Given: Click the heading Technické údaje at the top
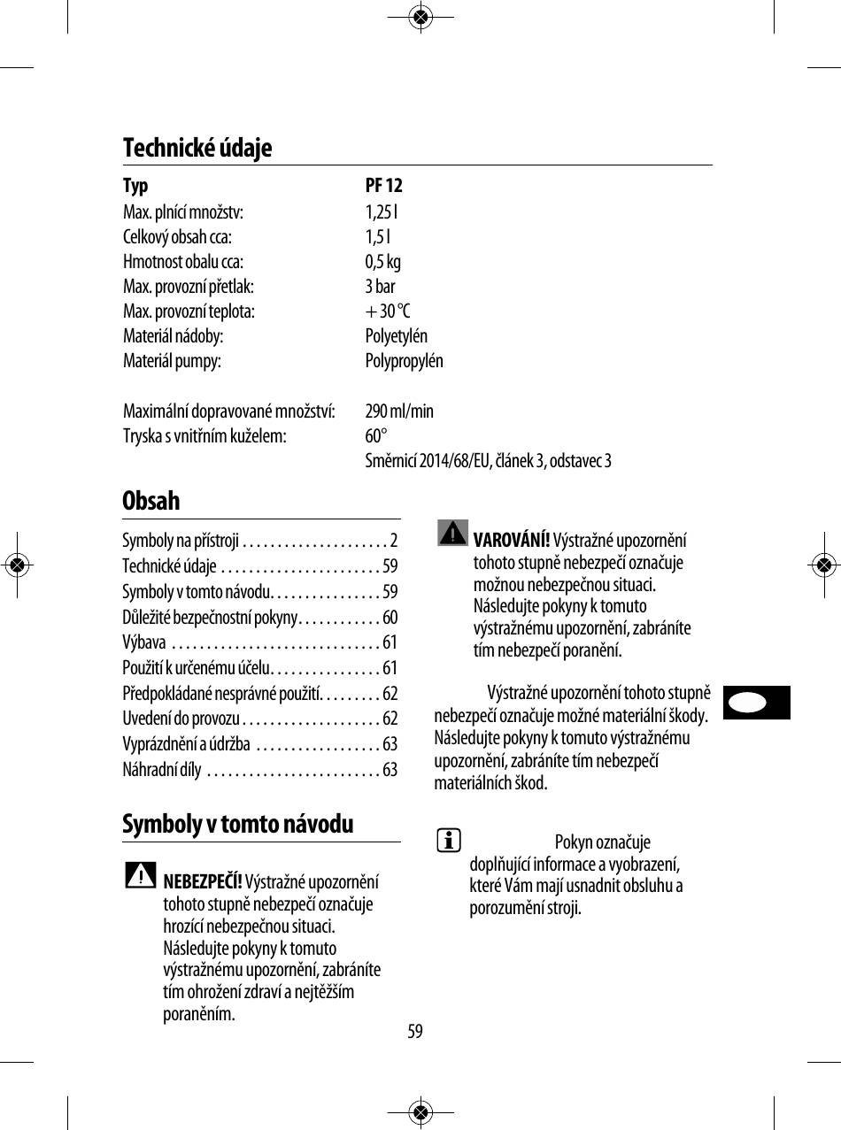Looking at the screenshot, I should point(197,148).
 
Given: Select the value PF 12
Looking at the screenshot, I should point(383,186).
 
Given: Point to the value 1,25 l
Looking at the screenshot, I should point(382,211).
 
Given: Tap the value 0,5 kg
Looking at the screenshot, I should point(382,262).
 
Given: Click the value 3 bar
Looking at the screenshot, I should point(380,287).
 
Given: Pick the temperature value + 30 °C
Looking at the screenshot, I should point(388,311).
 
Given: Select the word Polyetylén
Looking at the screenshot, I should point(396,336).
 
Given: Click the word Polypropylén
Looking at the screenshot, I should point(404,361).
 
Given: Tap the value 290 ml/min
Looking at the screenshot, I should point(399,411).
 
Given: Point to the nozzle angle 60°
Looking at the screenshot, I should point(376,436).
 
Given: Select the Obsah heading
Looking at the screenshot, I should point(151,501).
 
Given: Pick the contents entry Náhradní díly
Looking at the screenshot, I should point(162,770).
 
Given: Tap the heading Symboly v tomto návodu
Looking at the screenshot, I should point(238,825).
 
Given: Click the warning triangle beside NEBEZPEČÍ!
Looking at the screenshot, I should point(141,875).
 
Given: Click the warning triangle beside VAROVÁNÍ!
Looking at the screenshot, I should point(452,534).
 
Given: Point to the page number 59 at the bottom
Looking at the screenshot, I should point(415,1032).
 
